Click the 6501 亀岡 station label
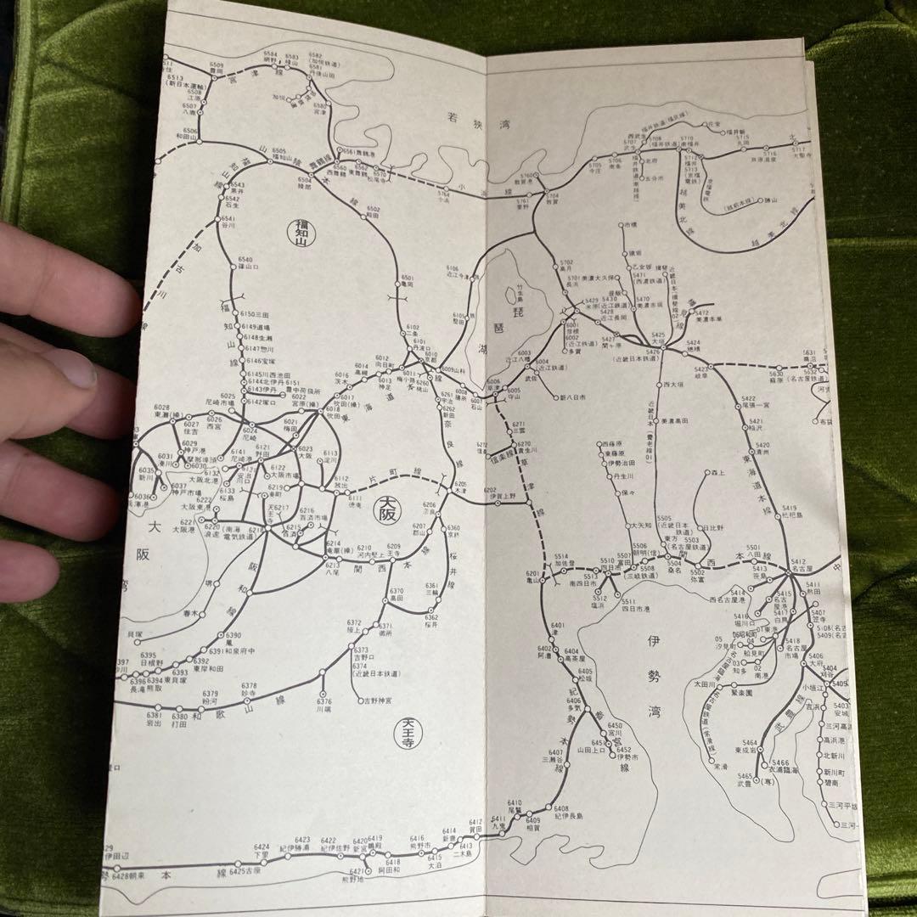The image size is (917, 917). click(408, 281)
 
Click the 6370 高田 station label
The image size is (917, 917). click(397, 594)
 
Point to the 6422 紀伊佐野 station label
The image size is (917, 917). click(335, 845)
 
